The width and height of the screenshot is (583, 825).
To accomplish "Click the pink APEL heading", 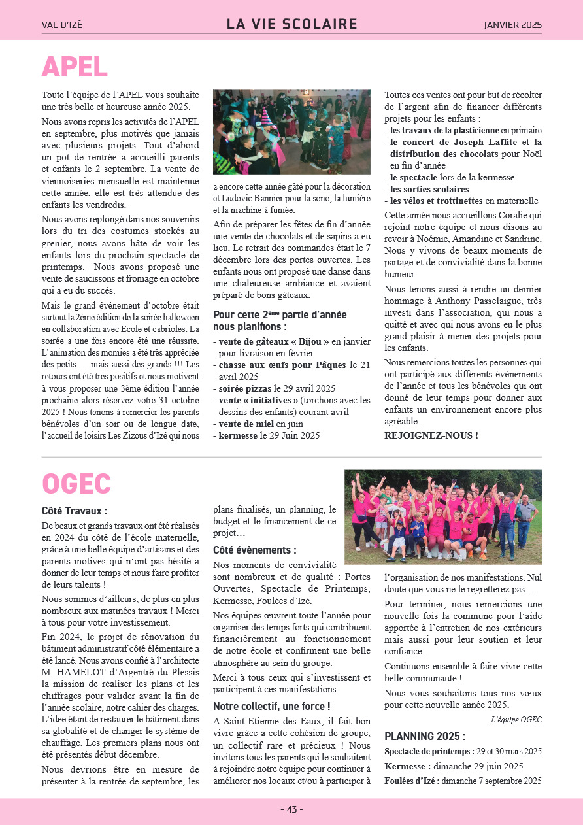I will click(x=75, y=67).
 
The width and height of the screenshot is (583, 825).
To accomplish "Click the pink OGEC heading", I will click(x=76, y=484).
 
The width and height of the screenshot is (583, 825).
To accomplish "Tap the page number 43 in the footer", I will click(x=291, y=809).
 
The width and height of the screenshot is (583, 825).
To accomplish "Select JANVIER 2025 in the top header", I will click(x=512, y=25).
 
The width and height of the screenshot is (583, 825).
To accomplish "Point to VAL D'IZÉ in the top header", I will click(x=62, y=25).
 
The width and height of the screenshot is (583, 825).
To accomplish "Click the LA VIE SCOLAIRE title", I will click(x=291, y=25).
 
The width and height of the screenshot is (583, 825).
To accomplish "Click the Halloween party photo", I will click(x=291, y=131).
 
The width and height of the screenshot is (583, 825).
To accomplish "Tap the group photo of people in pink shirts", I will click(x=442, y=516).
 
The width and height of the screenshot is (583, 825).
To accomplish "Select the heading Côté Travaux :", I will click(x=75, y=511).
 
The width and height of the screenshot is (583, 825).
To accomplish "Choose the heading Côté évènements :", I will click(x=254, y=550).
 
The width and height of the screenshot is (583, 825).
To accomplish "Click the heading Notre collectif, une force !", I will click(x=271, y=706).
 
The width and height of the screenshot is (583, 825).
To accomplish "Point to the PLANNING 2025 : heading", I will click(x=425, y=736).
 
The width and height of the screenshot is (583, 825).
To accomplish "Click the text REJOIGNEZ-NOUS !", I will click(x=431, y=435).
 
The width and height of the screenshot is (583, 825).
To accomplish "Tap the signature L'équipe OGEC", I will click(x=516, y=720).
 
